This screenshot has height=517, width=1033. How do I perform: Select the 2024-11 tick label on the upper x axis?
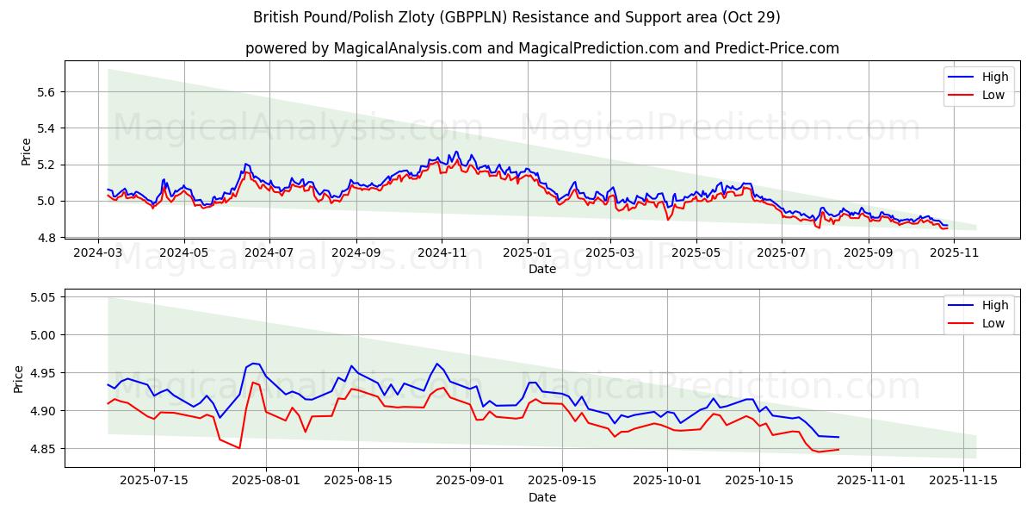[x=441, y=253]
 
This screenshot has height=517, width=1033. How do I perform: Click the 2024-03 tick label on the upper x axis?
[x=97, y=253]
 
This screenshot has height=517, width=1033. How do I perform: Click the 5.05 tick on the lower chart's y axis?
[x=41, y=297]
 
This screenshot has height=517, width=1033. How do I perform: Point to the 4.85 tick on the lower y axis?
[x=41, y=449]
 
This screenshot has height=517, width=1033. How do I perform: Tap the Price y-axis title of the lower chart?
[x=19, y=378]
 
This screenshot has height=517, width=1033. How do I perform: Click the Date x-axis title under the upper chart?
[x=542, y=269]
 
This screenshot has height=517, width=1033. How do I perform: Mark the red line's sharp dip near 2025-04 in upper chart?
[x=668, y=220]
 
